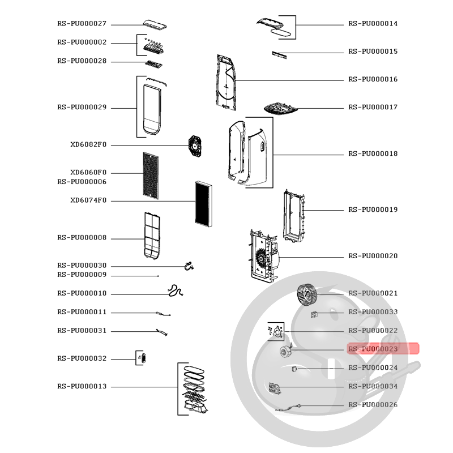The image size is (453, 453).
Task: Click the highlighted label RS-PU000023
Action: (x=373, y=349)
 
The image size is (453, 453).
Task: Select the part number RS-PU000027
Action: (x=82, y=24)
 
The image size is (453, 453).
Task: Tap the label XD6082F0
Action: (x=88, y=144)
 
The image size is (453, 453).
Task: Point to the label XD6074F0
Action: (x=88, y=200)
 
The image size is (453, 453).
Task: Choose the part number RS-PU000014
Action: (x=373, y=24)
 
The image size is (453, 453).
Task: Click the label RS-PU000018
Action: (x=373, y=153)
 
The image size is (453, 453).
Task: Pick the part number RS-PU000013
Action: (x=82, y=386)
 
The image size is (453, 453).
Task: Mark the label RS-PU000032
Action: (x=82, y=358)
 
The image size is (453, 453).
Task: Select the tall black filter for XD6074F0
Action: (x=204, y=204)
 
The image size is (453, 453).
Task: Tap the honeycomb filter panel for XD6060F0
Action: (x=151, y=176)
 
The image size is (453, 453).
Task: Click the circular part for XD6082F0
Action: (x=195, y=147)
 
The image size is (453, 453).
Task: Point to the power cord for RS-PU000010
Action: (x=176, y=290)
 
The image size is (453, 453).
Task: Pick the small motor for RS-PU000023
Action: (x=286, y=351)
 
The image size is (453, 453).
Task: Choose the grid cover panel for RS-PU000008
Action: (x=152, y=236)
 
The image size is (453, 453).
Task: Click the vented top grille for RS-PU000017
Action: (x=280, y=109)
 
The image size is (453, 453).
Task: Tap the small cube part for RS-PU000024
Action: (x=294, y=369)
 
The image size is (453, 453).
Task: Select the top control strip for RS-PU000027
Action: (x=155, y=25)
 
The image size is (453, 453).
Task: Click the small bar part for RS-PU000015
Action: (x=279, y=54)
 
